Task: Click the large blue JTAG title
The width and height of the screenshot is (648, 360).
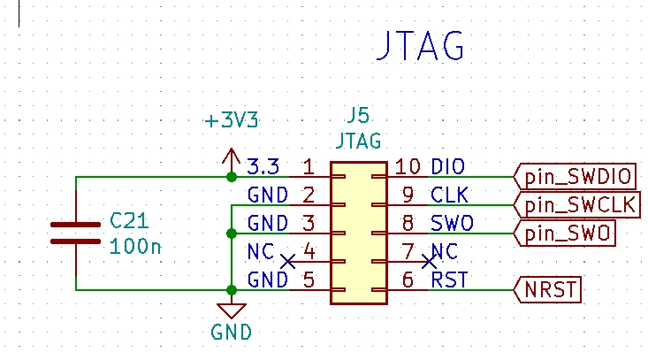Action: point(420,45)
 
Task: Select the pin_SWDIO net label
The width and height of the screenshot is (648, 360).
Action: point(575,177)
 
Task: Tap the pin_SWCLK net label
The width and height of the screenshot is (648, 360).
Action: point(577,204)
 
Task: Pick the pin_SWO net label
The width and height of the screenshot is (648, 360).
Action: point(565,234)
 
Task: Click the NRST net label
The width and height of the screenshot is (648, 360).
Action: point(547,290)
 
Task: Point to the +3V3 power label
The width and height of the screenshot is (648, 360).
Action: point(232,120)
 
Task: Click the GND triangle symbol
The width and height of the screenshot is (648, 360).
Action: point(232,310)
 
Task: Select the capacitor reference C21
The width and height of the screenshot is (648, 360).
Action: point(129,221)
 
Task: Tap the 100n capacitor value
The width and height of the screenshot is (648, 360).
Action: point(135,247)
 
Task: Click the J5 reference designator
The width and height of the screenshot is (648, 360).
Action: point(358,115)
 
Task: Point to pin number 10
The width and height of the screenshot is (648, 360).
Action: point(408,166)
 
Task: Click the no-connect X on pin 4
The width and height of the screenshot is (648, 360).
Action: point(287,261)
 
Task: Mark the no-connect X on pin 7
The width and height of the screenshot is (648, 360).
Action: point(429,261)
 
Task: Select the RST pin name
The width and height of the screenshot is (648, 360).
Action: point(449,280)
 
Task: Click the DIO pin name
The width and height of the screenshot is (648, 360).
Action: point(447,166)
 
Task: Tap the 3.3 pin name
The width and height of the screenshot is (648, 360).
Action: point(263,166)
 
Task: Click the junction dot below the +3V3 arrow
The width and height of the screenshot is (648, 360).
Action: point(232,177)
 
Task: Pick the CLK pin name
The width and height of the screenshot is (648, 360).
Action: point(449,195)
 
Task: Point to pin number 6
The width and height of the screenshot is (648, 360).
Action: point(408,280)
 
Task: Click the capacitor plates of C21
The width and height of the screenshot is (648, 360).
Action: point(76,234)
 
